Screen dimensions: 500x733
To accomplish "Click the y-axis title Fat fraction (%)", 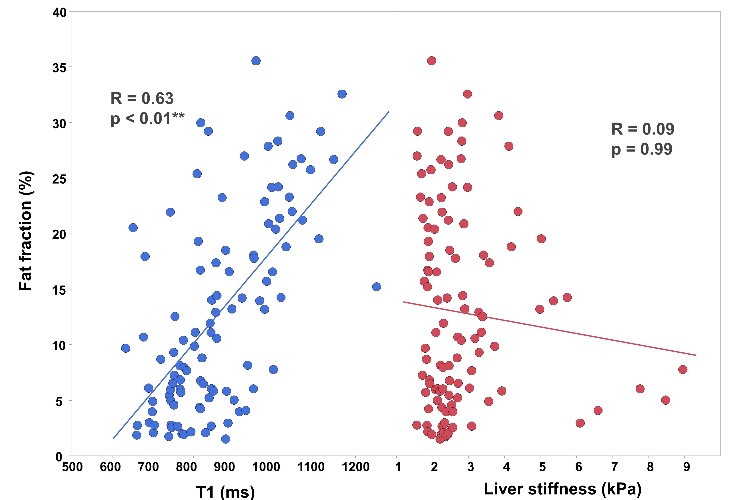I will (26, 231).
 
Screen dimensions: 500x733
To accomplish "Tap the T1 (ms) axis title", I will (225, 491).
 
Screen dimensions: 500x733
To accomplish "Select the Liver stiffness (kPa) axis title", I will (562, 489).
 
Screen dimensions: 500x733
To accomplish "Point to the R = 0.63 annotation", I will (142, 98).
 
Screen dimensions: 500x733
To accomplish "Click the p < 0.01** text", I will (147, 119).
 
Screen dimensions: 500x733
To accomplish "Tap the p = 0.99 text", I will (642, 149).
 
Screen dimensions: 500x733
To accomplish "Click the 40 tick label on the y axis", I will (60, 13).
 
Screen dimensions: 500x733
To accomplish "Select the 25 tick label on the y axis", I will (60, 179).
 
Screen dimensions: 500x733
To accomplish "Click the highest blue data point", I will (256, 60).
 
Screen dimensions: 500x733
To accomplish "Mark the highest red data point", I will (432, 60).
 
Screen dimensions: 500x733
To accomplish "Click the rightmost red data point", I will (683, 369).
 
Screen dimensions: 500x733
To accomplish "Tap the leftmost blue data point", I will (126, 348).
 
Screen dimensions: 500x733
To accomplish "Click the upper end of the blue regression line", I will (389, 112).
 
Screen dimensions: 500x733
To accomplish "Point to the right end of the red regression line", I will (695, 355).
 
